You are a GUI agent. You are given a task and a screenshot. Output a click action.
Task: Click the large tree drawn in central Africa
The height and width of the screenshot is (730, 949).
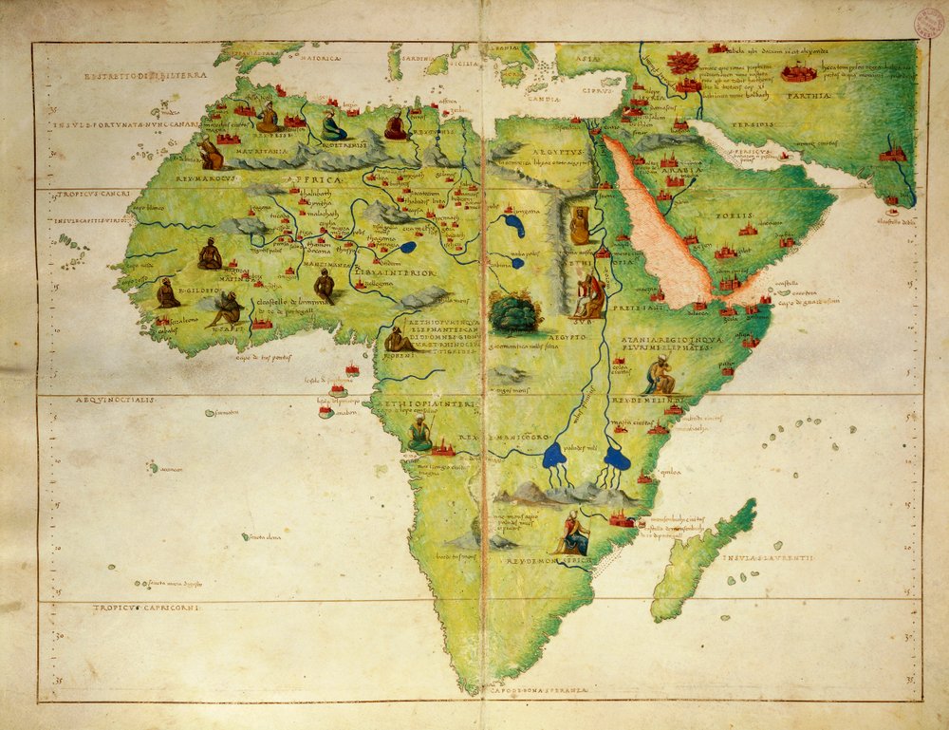pos(515,311)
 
